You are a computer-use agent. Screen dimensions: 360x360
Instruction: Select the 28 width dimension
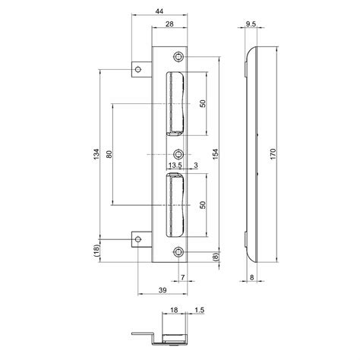(169, 26)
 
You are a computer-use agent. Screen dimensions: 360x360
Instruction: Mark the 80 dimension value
(111, 154)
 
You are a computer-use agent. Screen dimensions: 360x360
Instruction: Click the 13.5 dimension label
(174, 165)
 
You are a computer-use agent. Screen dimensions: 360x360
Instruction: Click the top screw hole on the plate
(178, 58)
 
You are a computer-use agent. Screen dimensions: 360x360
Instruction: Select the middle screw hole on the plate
(178, 155)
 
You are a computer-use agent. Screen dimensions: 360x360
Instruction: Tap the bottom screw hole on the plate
(178, 252)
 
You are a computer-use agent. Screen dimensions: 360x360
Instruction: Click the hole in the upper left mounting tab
(139, 71)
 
